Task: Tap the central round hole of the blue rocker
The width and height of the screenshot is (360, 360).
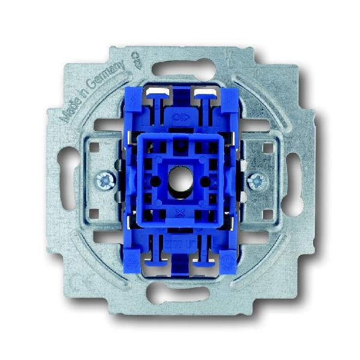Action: pos(180,179)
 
